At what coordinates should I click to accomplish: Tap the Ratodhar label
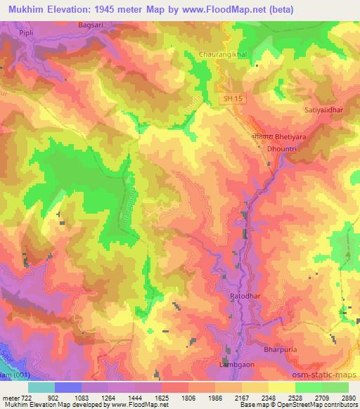(x=245, y=297)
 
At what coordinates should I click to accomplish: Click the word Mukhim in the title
(x=22, y=9)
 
